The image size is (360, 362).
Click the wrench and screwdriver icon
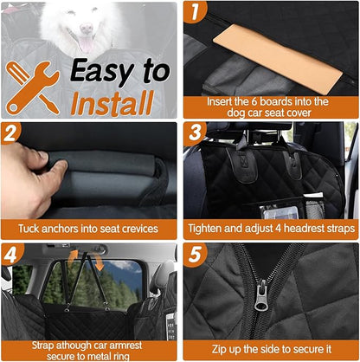pyautogui.click(x=31, y=87)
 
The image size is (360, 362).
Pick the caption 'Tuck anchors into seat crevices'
pyautogui.click(x=89, y=229)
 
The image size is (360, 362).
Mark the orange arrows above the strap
pyautogui.click(x=74, y=255)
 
